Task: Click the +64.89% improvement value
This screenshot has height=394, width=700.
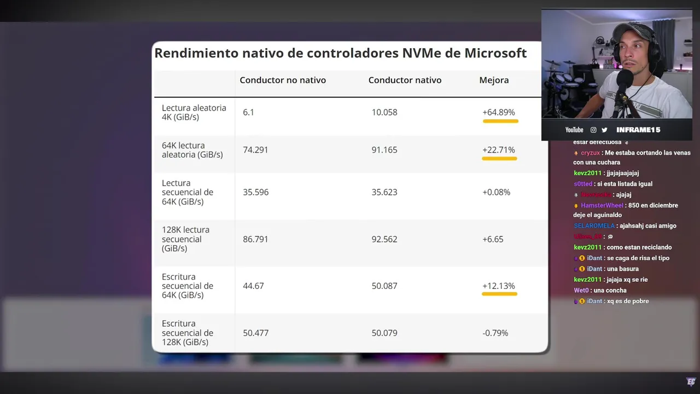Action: tap(498, 112)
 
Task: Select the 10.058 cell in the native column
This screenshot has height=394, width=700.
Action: tap(384, 112)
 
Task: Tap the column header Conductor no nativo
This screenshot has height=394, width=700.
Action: tap(282, 80)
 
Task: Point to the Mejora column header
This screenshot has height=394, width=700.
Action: tap(494, 80)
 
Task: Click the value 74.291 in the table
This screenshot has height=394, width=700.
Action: tap(255, 150)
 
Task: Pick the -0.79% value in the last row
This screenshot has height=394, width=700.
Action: tap(495, 333)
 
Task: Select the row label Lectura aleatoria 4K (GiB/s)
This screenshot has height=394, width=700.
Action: tap(194, 112)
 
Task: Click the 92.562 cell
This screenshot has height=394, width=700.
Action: tap(384, 239)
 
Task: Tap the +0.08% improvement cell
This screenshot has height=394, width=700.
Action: tap(496, 192)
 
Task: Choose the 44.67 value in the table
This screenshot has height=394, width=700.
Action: tap(253, 286)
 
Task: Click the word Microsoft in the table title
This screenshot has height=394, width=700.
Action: tap(495, 53)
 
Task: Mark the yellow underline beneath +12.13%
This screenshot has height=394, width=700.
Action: tap(499, 294)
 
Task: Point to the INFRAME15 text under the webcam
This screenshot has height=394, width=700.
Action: tap(638, 130)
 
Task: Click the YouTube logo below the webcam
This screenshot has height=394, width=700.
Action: tap(574, 130)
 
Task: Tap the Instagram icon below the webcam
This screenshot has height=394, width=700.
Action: tap(593, 130)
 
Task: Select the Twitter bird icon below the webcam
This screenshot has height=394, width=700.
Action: tap(604, 130)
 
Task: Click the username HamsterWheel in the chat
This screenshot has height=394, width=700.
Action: tap(602, 205)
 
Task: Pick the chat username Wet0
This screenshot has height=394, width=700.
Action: tap(581, 290)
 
